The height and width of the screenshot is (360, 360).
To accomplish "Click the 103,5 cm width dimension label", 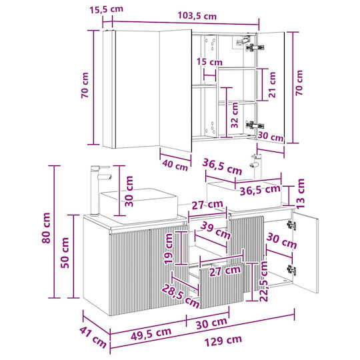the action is tap(197, 16).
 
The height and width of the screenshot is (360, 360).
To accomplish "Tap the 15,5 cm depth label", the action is tap(106, 9).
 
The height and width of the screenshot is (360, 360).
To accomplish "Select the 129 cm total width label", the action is tap(223, 341).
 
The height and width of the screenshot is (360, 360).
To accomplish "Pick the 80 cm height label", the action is tap(46, 228).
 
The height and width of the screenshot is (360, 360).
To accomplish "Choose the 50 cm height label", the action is tap(65, 253).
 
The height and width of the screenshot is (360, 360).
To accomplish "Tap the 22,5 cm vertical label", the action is tap(264, 281).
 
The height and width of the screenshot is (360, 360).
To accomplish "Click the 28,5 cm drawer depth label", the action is tap(181, 296).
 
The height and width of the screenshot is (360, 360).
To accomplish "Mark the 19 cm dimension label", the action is tap(168, 249).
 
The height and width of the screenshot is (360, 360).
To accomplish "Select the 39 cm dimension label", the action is tap(215, 230).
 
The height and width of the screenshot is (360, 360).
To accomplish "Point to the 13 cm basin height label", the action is tap(300, 193).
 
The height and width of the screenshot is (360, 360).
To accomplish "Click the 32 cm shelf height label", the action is tap(235, 115).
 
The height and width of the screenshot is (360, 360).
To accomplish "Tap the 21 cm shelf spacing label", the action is tap(272, 85).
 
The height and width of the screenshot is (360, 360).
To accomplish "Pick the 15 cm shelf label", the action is tap(209, 62).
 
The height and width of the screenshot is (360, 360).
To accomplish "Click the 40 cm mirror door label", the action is tap(175, 165).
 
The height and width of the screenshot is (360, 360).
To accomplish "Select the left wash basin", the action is tap(139, 206).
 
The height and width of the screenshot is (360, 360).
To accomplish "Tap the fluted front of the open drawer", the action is tap(221, 285).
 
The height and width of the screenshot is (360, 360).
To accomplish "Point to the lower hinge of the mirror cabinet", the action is tap(255, 125).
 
